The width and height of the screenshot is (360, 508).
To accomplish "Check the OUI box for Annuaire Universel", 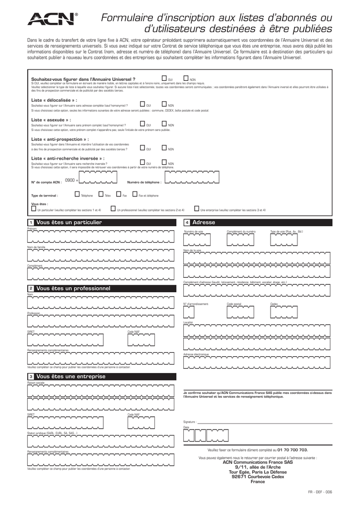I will (x=164, y=78).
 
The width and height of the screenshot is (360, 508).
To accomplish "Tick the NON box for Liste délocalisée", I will (x=164, y=104).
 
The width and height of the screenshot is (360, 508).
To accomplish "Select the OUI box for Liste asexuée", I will (x=143, y=124).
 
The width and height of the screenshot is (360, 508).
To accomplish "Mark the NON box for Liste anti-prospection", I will (x=164, y=148).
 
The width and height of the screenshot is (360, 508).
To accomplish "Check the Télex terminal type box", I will (x=101, y=194).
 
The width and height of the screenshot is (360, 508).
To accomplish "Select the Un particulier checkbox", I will (x=33, y=209).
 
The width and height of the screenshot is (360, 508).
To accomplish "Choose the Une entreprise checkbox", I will (x=197, y=209).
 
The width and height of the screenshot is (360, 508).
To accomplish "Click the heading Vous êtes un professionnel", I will (x=73, y=288).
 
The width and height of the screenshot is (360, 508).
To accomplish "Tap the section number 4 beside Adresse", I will (x=187, y=223).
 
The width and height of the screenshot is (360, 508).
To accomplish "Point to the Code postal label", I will (x=234, y=304).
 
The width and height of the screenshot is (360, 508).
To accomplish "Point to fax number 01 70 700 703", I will (x=292, y=449).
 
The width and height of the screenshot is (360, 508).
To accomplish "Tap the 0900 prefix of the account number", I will (x=70, y=181).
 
